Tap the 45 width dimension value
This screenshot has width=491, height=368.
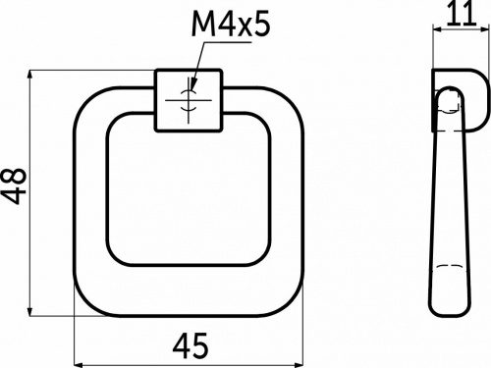190,344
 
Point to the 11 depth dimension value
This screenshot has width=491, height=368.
458,14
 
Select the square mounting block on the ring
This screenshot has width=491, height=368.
190,100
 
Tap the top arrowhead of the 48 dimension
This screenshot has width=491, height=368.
32,76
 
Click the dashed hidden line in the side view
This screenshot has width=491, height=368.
449,267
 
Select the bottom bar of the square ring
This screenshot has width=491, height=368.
190,290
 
